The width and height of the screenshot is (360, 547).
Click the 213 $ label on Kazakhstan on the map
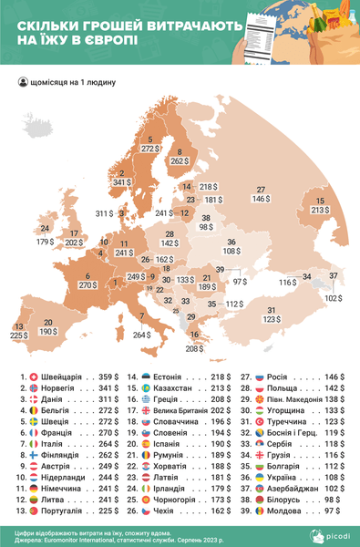(x=320, y=210)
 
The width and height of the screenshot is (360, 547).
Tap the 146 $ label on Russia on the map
(x=262, y=198)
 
